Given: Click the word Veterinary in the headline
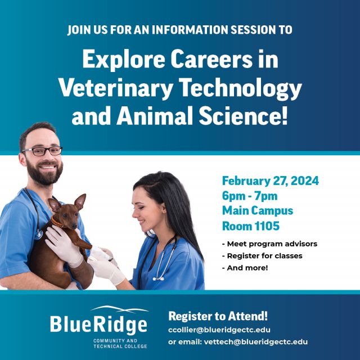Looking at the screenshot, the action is point(116,88).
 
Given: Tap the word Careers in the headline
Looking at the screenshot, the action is point(211,59).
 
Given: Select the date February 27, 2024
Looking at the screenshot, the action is point(270,181).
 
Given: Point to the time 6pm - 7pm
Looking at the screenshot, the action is point(250,196).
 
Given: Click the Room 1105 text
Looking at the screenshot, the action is point(251,226).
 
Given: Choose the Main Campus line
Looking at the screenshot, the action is point(258,211).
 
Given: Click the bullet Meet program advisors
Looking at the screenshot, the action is point(269,244).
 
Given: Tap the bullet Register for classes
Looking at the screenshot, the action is point(262,256).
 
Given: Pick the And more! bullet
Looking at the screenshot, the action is point(245,268).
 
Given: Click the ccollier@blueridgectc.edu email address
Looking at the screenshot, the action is point(219,330).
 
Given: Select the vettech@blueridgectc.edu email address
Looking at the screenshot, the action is point(255,342).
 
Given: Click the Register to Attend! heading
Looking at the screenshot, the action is point(218,316).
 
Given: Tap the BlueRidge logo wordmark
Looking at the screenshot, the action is point(98,324).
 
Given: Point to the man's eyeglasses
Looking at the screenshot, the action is point(42,151).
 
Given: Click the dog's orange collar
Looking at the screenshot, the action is point(56,223).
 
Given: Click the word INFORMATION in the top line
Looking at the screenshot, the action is point(190,30).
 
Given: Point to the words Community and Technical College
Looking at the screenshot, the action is point(120,344).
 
